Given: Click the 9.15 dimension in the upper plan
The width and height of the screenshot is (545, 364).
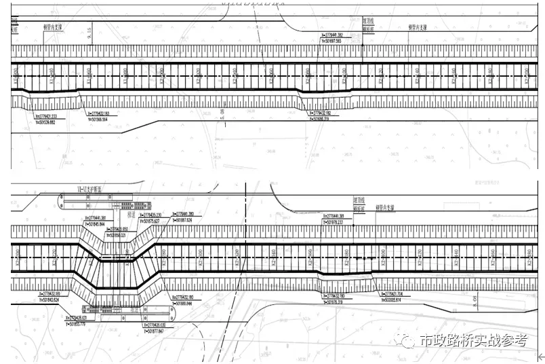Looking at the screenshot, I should click(x=89, y=31).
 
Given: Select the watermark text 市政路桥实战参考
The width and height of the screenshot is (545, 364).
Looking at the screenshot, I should click(x=473, y=341).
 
